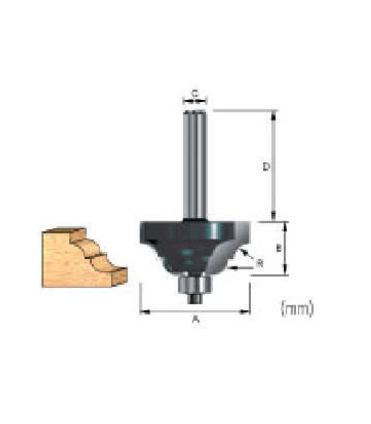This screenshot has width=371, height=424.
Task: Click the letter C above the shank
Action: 195,93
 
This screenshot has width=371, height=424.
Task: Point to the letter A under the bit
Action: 195,319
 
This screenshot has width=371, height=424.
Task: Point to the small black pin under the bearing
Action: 195,297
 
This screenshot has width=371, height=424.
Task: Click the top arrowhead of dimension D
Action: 273,114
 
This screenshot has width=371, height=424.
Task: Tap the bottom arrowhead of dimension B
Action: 285,271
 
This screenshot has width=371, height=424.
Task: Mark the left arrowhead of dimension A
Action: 143,312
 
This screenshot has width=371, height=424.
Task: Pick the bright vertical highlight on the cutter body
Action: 214,230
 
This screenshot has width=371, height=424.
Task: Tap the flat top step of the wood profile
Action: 64,231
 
